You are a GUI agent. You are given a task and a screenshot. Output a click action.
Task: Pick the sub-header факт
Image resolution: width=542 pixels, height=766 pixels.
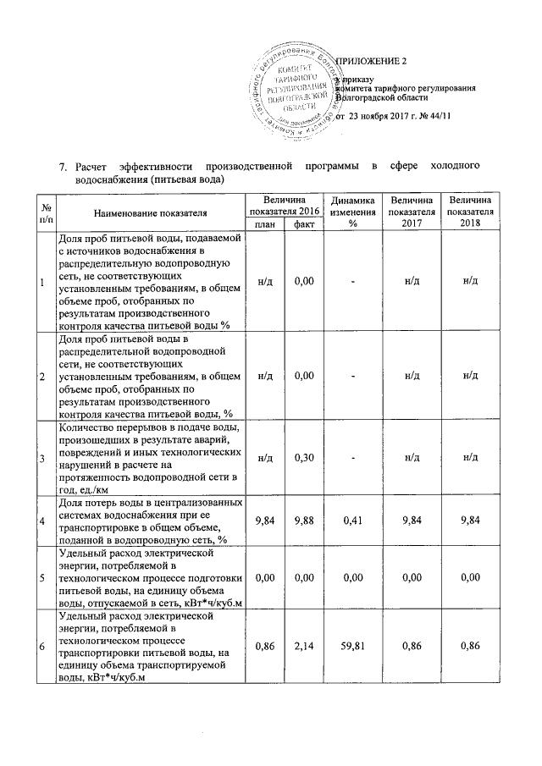pyautogui.click(x=300, y=224)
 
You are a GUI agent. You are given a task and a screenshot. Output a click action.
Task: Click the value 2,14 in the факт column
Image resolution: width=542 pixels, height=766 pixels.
pyautogui.click(x=300, y=645)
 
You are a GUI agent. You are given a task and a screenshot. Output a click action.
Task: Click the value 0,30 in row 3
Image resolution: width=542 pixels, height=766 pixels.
pyautogui.click(x=300, y=457)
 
